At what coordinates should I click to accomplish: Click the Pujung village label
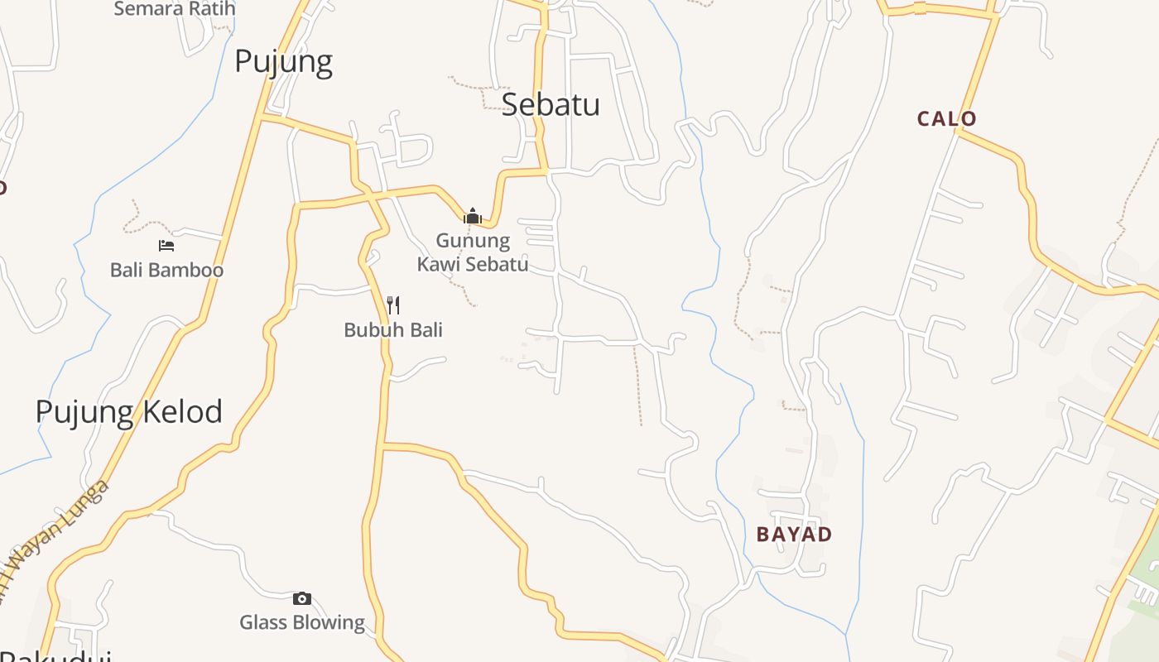tap(283, 62)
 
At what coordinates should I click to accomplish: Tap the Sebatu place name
tap(551, 104)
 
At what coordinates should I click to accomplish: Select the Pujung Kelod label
tap(128, 411)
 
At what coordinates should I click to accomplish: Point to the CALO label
tap(946, 119)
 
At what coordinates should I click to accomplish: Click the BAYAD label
tap(794, 535)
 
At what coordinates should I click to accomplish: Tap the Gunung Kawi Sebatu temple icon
tap(473, 217)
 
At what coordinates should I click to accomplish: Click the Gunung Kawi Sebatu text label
tap(473, 252)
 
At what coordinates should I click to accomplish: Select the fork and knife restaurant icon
tap(393, 305)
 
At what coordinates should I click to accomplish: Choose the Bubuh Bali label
tap(393, 330)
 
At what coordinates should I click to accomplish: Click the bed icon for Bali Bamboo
tap(166, 246)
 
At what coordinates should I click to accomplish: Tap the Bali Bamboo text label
tap(166, 271)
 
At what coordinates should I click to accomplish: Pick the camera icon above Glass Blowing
tap(302, 598)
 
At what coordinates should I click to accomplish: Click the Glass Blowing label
tap(302, 622)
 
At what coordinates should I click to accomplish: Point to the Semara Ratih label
tap(175, 9)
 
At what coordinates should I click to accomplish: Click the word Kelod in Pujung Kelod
tap(181, 411)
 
